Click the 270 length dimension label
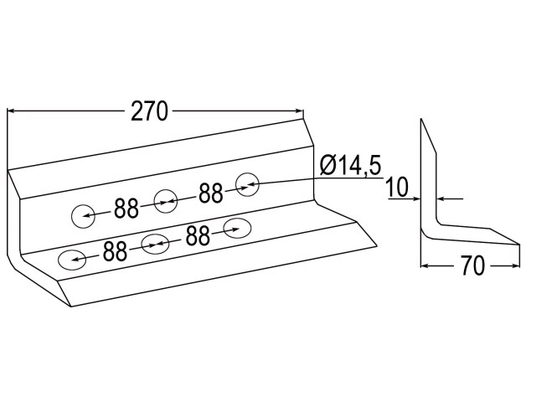pos(149,111)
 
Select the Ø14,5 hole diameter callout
pos(350,165)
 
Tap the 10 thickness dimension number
pos(396,188)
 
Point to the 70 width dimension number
pos(472,265)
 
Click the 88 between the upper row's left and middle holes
pos(126,209)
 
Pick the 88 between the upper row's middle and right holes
pos(211,193)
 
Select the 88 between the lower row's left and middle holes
pos(116,251)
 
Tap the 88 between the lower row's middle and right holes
pos(198,235)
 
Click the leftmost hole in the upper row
pos(83,216)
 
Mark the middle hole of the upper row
pos(166,201)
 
